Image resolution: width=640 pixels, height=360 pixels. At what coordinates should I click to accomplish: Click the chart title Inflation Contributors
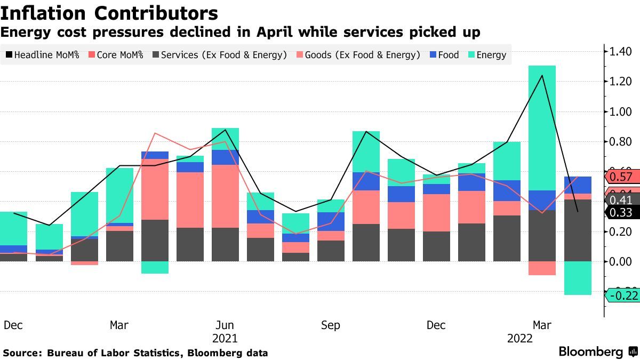pos(109,13)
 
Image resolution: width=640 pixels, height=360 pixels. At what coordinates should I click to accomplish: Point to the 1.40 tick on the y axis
pos(620,52)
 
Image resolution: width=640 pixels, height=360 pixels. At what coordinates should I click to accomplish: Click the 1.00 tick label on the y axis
pos(620,112)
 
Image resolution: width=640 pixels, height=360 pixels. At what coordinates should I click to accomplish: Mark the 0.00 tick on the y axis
pos(620,261)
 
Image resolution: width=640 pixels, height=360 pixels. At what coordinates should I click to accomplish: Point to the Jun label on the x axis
pos(225,325)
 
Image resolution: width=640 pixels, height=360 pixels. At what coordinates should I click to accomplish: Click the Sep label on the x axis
pos(331,325)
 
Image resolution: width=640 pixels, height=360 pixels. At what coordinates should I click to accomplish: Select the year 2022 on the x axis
pos(519,339)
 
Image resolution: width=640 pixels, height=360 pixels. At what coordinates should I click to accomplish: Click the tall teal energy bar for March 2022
pos(542,128)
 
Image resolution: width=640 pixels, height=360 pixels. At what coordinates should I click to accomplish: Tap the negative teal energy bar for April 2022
pos(577,278)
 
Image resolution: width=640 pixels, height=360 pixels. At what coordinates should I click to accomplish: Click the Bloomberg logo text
pos(590,352)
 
